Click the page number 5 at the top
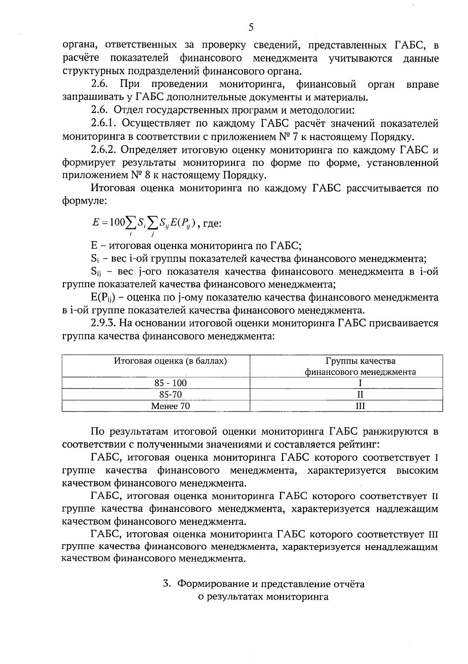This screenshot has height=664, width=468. pos(251,27)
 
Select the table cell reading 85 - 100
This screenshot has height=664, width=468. pos(170,383)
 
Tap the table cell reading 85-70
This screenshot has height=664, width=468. pos(170,394)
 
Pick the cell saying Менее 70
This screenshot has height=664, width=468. pos(170,406)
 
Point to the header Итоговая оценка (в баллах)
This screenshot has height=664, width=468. pos(170,361)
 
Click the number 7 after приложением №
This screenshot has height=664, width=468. pos(292,137)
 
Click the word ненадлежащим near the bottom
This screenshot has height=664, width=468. pos(401,547)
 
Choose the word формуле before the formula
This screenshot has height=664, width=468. pos(83,202)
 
